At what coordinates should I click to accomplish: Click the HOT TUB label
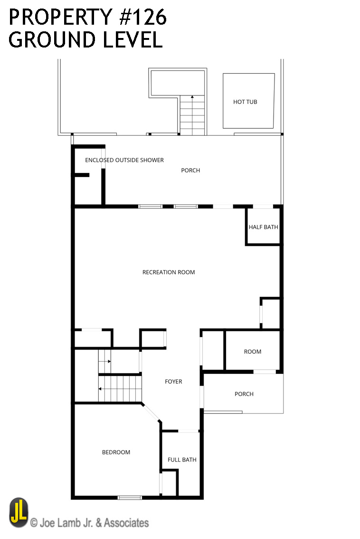[245, 102]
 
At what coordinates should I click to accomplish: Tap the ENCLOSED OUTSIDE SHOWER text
[124, 160]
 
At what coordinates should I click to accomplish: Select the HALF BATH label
[264, 227]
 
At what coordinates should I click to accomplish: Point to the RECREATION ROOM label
[169, 272]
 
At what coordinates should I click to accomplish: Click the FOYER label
[174, 381]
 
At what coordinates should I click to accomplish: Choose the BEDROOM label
[116, 453]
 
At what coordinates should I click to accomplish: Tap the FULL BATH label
[182, 460]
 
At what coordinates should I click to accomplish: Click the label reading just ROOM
[253, 352]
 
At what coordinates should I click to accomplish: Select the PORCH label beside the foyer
[244, 394]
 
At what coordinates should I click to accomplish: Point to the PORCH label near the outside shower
[190, 170]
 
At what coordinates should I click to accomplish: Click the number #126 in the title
[142, 17]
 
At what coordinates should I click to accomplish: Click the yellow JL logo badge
[19, 512]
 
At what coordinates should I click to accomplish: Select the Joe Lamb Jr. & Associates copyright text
[89, 523]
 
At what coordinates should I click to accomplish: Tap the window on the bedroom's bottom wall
[130, 497]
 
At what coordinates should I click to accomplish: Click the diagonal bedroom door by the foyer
[152, 412]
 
